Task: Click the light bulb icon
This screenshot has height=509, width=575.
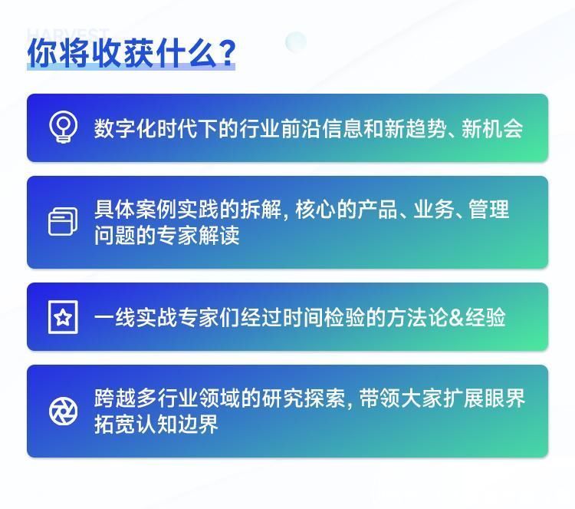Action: pyautogui.click(x=63, y=127)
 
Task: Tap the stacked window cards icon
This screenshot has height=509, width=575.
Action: pyautogui.click(x=63, y=221)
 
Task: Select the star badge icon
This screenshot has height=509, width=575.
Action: pyautogui.click(x=63, y=317)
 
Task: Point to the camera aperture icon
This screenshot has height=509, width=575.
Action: pyautogui.click(x=63, y=411)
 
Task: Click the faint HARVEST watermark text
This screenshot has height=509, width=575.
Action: pyautogui.click(x=68, y=34)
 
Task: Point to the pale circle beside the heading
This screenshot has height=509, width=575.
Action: pyautogui.click(x=296, y=41)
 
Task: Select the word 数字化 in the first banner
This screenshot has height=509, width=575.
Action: pyautogui.click(x=125, y=128)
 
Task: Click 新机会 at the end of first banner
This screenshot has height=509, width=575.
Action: pyautogui.click(x=492, y=128)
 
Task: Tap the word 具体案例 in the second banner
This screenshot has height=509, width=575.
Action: pyautogui.click(x=136, y=209)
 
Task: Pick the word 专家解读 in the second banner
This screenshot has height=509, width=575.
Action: pyautogui.click(x=199, y=235)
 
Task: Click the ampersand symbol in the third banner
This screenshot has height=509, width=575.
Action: pyautogui.click(x=456, y=317)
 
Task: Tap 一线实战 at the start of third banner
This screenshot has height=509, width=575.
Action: pyautogui.click(x=136, y=317)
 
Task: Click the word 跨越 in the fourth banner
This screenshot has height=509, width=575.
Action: pyautogui.click(x=115, y=398)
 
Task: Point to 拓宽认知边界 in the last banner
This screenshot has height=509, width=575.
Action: pyautogui.click(x=156, y=424)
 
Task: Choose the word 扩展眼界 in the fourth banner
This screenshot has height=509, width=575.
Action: pyautogui.click(x=484, y=398)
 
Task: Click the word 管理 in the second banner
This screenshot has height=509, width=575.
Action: pyautogui.click(x=489, y=209)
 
